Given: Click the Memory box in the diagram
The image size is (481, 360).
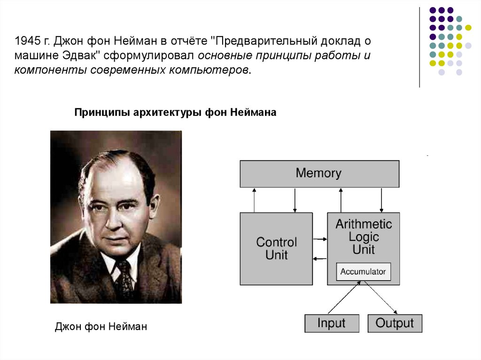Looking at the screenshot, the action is (x=319, y=174).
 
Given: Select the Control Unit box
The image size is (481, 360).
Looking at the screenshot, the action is (x=276, y=248).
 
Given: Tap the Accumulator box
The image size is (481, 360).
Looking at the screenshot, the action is (x=363, y=272).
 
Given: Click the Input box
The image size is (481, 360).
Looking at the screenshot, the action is (x=331, y=323).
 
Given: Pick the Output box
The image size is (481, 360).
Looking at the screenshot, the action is (x=395, y=323).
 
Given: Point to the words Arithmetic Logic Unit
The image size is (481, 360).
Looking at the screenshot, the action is (x=364, y=236).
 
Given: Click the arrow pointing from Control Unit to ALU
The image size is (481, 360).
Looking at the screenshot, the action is (x=320, y=239).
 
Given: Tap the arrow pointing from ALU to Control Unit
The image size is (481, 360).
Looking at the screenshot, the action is (x=320, y=259).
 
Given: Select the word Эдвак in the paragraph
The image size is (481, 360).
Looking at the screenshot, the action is (x=79, y=56).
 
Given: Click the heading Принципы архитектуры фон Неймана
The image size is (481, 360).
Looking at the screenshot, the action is (x=176, y=113).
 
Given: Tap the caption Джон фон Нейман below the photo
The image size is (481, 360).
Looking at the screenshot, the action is (x=101, y=326).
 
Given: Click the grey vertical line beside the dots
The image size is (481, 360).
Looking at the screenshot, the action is (x=419, y=47).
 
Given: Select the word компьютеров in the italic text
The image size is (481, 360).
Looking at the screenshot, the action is (x=214, y=70).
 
